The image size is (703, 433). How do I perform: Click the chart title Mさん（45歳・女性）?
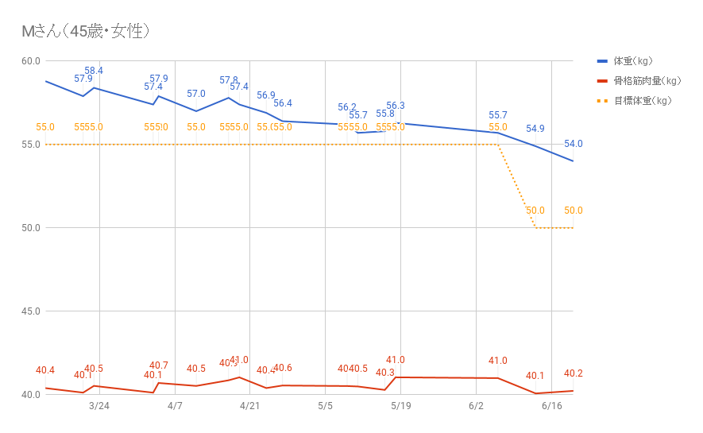86,32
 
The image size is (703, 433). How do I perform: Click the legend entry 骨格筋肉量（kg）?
647,81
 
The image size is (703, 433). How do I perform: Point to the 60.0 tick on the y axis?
31,61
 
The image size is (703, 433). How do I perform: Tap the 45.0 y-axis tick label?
31,311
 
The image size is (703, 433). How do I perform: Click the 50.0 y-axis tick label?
31,228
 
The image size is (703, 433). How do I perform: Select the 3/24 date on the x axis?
99,406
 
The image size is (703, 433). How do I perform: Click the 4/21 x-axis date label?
250,406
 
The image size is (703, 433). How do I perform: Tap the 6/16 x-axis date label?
551,406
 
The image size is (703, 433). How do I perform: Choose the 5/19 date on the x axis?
400,406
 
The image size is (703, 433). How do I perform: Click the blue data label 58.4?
94,71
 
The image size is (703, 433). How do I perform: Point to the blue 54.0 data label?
574,144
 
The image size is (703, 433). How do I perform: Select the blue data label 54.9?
535,129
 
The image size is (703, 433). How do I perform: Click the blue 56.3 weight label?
396,106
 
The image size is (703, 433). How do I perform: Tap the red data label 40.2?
574,373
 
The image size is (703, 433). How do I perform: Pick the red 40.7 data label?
159,365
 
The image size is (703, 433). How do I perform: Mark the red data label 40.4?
45,370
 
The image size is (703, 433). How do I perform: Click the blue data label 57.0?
196,94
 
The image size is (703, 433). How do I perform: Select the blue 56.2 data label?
347,107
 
